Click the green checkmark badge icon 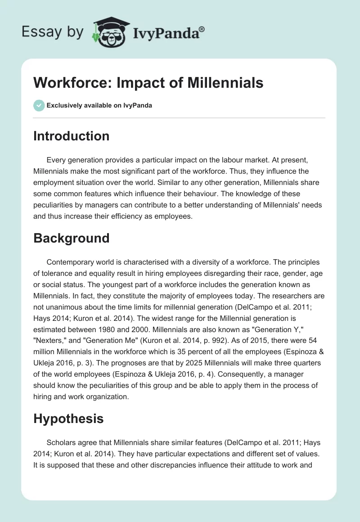coord(39,105)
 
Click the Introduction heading coord(71,136)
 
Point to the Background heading coord(71,238)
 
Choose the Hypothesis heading coord(68,418)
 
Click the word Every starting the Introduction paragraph coord(55,160)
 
